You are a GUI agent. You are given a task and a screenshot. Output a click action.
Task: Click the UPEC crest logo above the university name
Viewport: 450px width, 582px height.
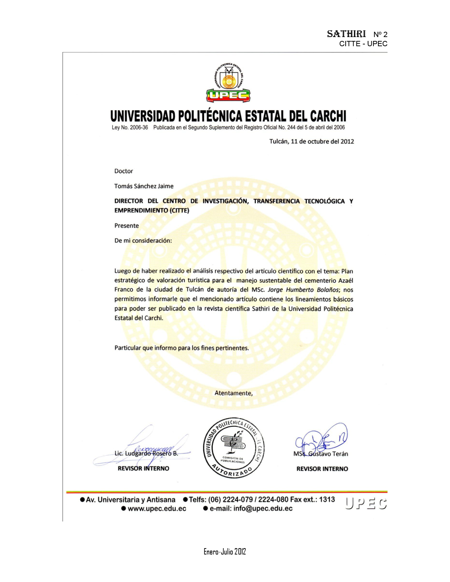pyautogui.click(x=228, y=83)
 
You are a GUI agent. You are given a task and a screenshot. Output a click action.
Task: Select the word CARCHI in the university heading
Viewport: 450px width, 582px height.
pyautogui.click(x=328, y=116)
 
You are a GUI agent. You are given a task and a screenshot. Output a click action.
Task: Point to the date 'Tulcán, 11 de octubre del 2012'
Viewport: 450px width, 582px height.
pyautogui.click(x=312, y=141)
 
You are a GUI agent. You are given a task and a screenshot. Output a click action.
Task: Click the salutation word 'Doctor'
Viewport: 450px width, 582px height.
pyautogui.click(x=124, y=171)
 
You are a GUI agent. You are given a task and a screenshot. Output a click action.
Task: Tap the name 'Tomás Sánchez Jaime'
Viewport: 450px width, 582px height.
pyautogui.click(x=144, y=186)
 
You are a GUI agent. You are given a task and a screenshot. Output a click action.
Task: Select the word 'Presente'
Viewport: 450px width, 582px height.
pyautogui.click(x=126, y=226)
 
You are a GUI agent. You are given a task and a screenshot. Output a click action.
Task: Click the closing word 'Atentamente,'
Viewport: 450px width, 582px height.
pyautogui.click(x=233, y=393)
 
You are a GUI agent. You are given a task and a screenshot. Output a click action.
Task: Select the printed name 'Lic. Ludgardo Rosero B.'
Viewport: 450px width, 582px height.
pyautogui.click(x=146, y=454)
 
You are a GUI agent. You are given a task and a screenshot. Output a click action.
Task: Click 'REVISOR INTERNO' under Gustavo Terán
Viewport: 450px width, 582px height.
pyautogui.click(x=322, y=469)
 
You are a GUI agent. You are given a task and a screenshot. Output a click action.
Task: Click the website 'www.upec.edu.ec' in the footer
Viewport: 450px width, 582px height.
pyautogui.click(x=157, y=509)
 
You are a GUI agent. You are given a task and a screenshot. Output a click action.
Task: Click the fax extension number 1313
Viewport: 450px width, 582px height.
pyautogui.click(x=327, y=499)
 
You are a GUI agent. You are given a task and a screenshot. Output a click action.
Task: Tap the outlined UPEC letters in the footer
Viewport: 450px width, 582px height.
pyautogui.click(x=366, y=504)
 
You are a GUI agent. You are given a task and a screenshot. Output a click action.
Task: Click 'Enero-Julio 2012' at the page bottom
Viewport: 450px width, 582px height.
pyautogui.click(x=224, y=551)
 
